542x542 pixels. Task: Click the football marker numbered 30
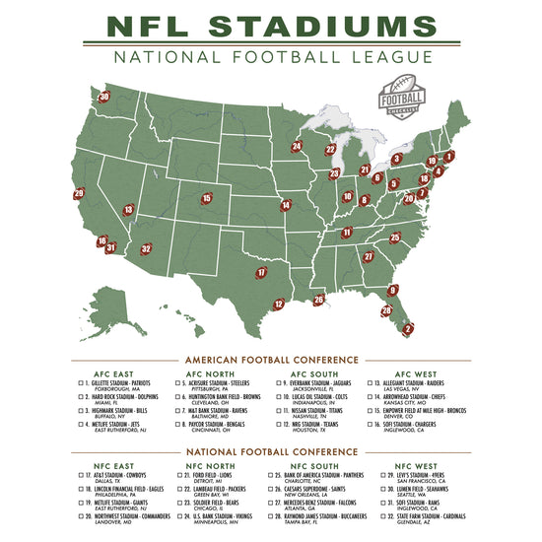[104, 97]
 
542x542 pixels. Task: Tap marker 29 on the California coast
[79, 193]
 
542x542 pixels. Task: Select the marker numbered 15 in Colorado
[206, 198]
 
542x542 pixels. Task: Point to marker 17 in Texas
[261, 272]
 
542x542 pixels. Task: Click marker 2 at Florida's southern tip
[409, 328]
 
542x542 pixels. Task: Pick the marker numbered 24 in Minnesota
[296, 147]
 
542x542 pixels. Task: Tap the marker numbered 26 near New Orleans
[318, 299]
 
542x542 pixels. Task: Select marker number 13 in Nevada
[128, 209]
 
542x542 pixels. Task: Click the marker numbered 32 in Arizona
[145, 249]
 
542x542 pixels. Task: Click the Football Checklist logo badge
[403, 98]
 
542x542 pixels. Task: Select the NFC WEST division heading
[416, 465]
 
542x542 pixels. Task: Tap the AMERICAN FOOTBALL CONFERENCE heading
[271, 359]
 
